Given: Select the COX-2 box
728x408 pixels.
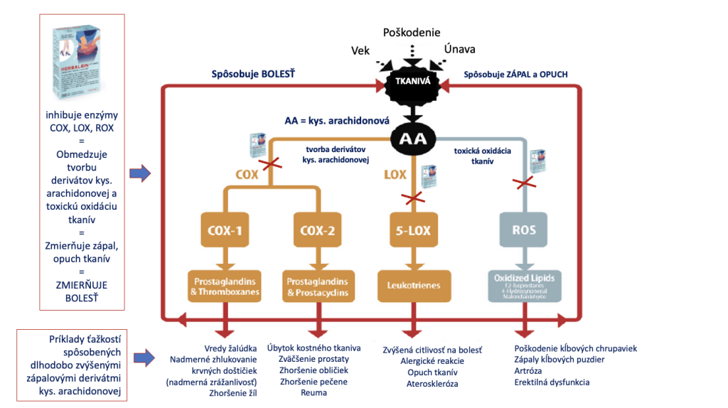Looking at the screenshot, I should coord(317,231).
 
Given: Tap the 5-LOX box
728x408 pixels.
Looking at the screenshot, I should coord(410,231).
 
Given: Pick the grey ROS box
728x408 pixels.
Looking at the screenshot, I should coord(525,231).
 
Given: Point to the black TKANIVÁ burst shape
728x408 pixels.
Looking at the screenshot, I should coord(411,84).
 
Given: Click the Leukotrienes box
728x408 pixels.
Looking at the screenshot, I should coord(410,285).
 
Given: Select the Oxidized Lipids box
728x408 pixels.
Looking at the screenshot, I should coord(525,286).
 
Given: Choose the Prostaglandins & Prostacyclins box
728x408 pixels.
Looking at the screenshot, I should coord(317,286).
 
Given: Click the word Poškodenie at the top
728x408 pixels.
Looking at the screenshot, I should coord(412,33).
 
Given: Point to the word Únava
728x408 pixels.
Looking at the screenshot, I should coord(459,49).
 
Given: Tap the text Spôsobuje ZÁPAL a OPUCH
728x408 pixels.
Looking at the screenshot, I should coord(516,74).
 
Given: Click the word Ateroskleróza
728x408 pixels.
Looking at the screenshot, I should coord(432,383).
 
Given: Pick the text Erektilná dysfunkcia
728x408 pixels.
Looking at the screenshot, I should coord(552,382).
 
